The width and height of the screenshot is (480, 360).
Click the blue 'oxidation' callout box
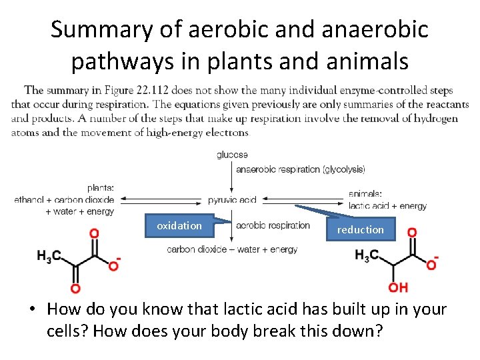coord(179,226)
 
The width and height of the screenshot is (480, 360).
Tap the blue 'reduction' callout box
coord(360,229)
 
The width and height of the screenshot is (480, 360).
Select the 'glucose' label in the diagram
coord(232,155)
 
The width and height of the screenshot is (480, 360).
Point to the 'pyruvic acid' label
coord(232,199)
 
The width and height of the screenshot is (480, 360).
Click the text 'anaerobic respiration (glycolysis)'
coord(291,169)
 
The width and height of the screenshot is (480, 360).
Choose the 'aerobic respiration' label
coord(273,225)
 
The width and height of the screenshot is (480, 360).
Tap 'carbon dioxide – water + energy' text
coord(232,249)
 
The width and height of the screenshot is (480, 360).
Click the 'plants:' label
coord(101,188)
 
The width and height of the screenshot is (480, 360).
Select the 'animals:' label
coord(365,194)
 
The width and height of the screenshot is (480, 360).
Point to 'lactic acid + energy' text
coord(387,206)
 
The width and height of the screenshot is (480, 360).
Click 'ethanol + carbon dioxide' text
coord(64,199)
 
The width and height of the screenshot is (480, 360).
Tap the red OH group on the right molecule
coord(398,288)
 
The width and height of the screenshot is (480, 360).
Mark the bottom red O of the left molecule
coord(75,288)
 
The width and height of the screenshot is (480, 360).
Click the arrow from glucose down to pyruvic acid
coord(232,177)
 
